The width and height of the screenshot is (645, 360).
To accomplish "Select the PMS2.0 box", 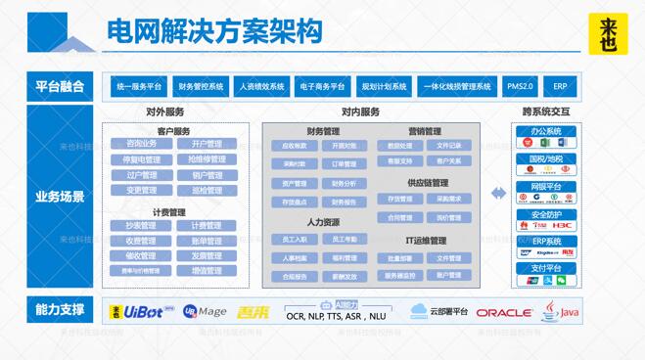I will (519, 86).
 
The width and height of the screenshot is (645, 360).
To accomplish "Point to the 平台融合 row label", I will (59, 86).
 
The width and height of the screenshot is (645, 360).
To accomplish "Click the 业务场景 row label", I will (59, 196).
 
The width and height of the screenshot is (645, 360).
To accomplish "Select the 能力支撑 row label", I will (59, 312).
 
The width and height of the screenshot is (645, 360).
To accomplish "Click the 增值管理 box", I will (206, 270).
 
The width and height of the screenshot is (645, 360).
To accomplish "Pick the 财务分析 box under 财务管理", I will (344, 184).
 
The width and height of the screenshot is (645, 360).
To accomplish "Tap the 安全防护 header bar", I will (545, 214).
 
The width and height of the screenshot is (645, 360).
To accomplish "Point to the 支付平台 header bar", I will (545, 267).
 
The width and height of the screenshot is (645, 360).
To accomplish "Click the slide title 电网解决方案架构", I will (214, 31).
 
